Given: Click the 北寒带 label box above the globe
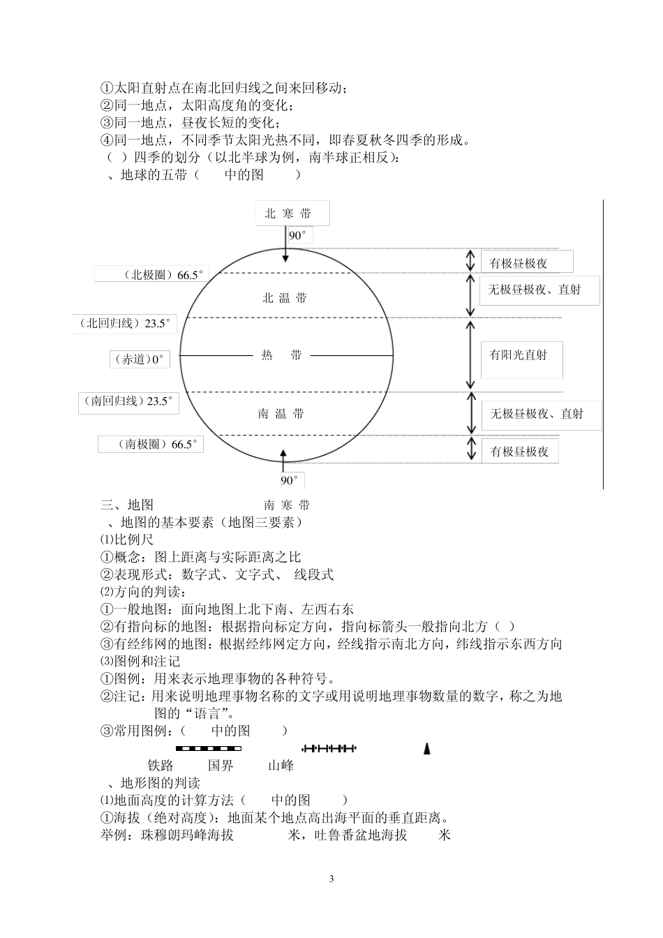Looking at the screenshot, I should [288, 214].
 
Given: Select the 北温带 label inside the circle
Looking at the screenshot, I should [284, 298].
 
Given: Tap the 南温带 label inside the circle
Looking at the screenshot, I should [281, 414].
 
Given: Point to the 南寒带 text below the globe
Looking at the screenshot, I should [287, 505].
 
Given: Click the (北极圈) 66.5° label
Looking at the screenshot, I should [151, 274].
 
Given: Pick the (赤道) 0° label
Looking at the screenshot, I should [139, 359].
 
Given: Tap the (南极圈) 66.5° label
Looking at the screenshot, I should [151, 444].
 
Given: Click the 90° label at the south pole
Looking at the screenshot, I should [290, 480].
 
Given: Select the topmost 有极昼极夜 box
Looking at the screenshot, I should [526, 262].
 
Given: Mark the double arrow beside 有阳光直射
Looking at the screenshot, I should [471, 355].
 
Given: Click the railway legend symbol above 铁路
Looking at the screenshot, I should [203, 749].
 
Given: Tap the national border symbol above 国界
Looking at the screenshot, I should [329, 749].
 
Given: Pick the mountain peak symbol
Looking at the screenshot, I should [427, 749].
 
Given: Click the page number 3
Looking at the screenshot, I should [331, 879].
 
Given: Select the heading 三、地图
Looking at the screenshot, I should [128, 505].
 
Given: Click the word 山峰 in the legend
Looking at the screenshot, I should [281, 766].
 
